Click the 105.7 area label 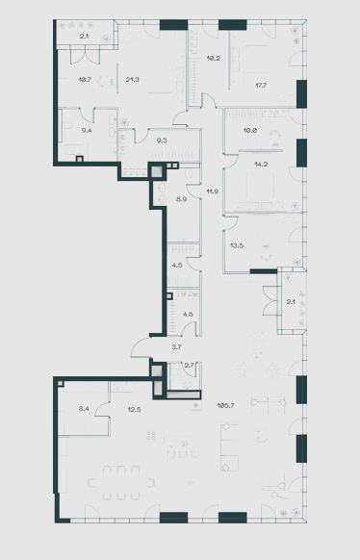click(225, 405)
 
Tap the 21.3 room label click(132, 79)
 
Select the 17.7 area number click(261, 86)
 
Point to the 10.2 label click(214, 58)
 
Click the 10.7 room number click(85, 79)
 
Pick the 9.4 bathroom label click(87, 130)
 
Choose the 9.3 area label click(162, 140)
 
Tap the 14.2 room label click(261, 165)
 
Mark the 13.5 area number click(237, 245)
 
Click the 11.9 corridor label click(212, 191)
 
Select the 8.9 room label click(181, 199)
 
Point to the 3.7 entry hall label click(176, 346)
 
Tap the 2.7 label click(189, 365)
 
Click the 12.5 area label click(134, 409)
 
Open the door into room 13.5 click(231, 223)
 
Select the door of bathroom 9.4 click(86, 115)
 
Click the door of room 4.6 click(189, 328)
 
